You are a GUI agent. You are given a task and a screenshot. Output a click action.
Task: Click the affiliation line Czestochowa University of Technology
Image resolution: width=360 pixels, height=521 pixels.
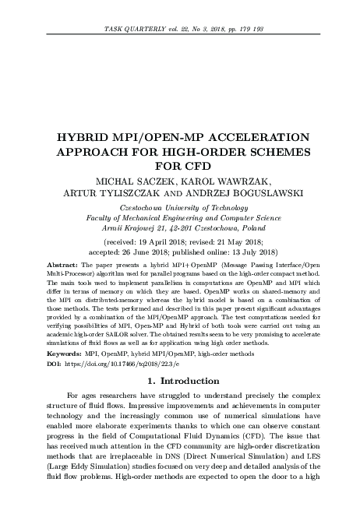click(x=180, y=208)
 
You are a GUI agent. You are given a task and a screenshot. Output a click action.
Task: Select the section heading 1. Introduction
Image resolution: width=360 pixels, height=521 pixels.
click(x=180, y=381)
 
